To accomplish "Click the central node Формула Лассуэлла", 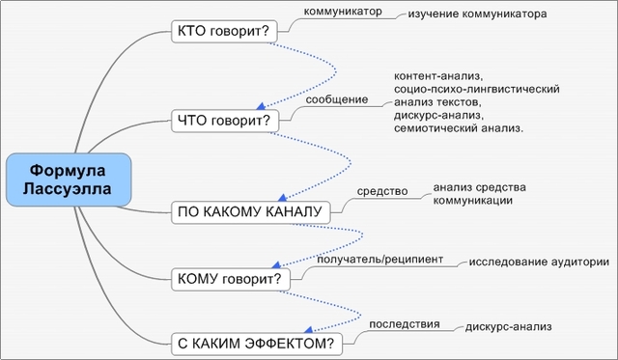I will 67,180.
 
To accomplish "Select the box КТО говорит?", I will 223,32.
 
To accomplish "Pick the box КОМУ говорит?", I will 230,280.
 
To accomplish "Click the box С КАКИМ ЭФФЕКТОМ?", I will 257,343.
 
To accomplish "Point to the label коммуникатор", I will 337,13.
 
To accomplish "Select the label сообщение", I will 337,98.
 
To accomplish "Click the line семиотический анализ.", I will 459,129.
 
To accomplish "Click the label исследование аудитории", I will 539,262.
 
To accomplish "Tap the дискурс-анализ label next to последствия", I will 502,326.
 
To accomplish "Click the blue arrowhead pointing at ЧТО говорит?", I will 264,104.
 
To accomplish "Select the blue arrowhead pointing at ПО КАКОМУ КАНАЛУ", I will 281,196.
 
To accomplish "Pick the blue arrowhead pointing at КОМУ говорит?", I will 277,264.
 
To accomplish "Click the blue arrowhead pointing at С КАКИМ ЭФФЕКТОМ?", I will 311,328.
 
